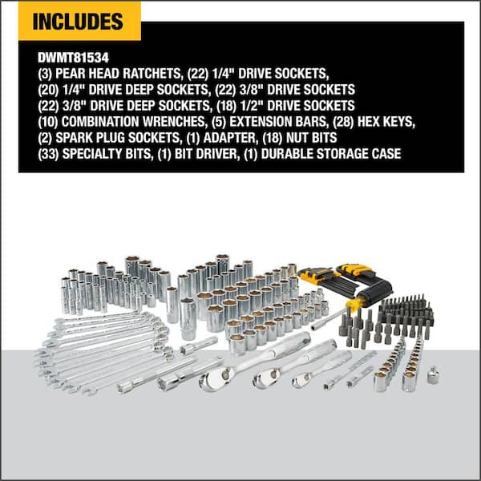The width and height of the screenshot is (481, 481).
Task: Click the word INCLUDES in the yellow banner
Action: point(79,21)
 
